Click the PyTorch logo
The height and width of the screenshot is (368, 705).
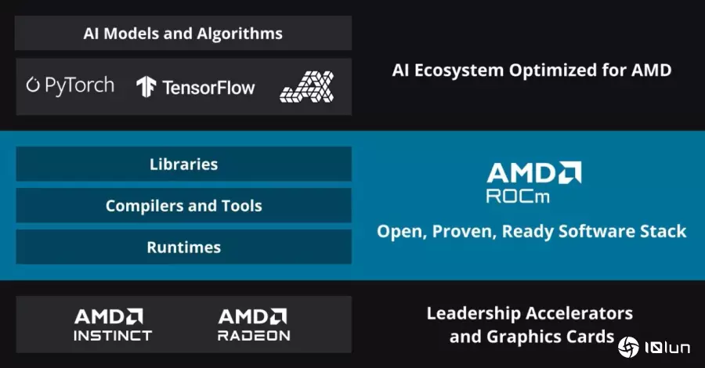[70, 85]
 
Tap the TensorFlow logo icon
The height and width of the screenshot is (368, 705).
[146, 87]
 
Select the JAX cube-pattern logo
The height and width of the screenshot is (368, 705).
[306, 86]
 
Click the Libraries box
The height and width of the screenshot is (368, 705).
[183, 164]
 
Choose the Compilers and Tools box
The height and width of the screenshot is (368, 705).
[183, 205]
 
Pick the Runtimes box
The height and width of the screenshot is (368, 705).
[183, 247]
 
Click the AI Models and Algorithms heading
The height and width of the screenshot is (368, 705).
[183, 33]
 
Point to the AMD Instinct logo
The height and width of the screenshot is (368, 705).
[112, 324]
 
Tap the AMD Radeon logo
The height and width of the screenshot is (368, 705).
[254, 324]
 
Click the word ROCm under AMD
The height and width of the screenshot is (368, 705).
[518, 197]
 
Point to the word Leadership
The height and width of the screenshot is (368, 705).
[473, 314]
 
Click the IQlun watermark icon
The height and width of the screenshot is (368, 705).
[628, 348]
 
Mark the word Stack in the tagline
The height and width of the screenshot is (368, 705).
[663, 232]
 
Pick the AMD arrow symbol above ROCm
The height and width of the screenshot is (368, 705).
[570, 172]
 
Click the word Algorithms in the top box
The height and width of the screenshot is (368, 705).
[240, 34]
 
